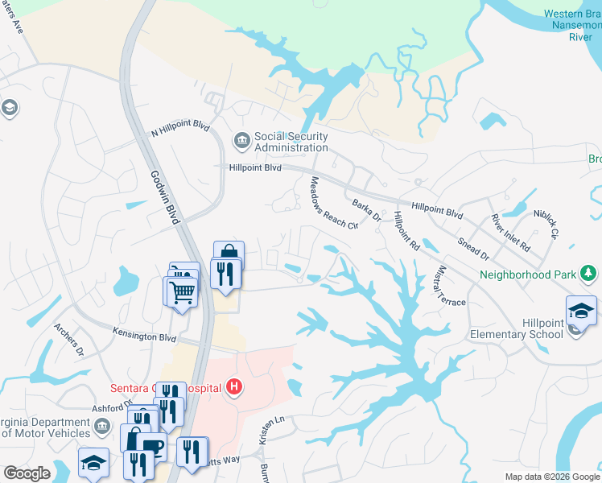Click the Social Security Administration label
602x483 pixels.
291,142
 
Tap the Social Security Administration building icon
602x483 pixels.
241,142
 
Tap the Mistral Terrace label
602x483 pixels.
451,285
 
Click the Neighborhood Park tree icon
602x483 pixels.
590,274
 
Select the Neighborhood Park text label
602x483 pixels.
528,275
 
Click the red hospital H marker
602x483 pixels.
233,388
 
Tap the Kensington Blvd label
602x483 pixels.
145,336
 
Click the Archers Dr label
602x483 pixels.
69,340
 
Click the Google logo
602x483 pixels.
27,473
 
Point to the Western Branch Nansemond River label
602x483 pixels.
569,25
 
